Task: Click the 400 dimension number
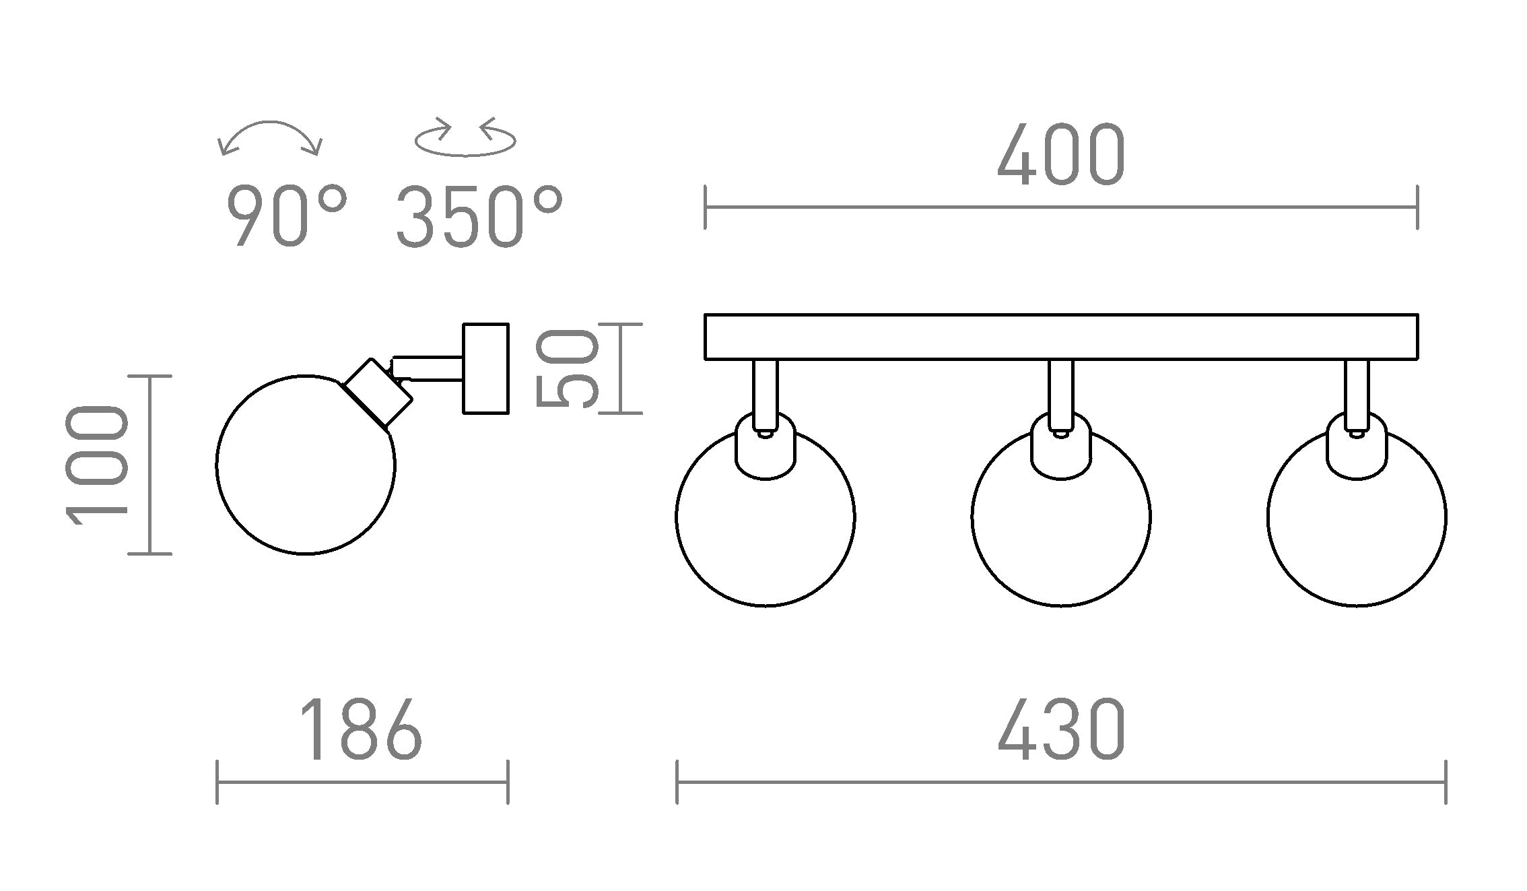point(1061,156)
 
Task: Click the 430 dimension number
point(1061,730)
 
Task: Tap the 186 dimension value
point(362,730)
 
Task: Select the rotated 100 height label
point(97,465)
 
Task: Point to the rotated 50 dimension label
point(567,368)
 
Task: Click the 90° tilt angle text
point(287,217)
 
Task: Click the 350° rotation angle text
point(479,217)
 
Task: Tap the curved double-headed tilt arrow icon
point(271,135)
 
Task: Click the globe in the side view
point(306,471)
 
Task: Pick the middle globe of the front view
point(1061,525)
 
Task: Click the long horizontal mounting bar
point(1061,337)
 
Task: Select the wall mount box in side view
point(486,368)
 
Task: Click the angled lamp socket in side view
point(377,393)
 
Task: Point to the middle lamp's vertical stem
point(1061,391)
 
